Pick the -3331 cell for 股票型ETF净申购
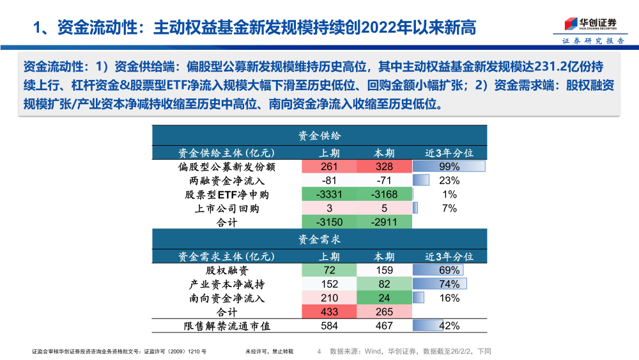[330, 194]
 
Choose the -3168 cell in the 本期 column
[384, 194]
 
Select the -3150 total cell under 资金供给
[330, 223]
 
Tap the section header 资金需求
[319, 239]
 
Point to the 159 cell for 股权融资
[384, 270]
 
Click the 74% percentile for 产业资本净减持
[449, 285]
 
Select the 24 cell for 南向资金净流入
[384, 299]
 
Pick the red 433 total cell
[330, 312]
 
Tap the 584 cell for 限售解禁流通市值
[330, 326]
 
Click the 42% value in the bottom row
[449, 326]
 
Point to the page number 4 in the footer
[319, 351]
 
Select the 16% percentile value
[449, 299]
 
